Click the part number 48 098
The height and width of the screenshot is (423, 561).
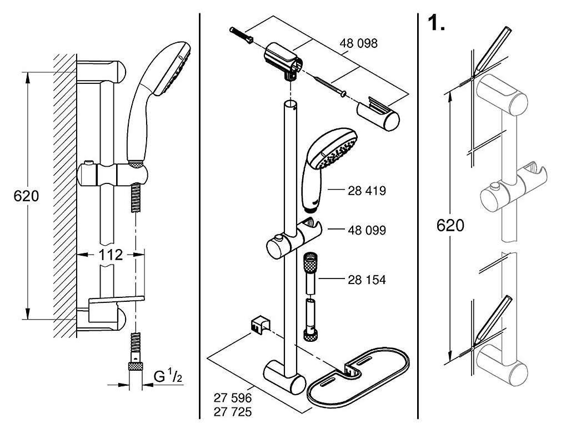coord(358,43)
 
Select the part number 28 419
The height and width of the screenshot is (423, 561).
coord(367,191)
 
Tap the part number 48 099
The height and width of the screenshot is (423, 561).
coord(367,230)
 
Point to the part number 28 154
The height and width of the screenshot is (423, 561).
coord(367,280)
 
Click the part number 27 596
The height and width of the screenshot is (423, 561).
coord(233,397)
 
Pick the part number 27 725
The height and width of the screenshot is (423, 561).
coord(233,412)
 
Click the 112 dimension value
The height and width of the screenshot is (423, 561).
coord(111,255)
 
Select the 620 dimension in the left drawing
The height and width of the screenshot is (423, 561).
coord(26,196)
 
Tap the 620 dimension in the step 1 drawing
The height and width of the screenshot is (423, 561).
coord(450,225)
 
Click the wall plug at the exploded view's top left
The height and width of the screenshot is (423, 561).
coord(242,34)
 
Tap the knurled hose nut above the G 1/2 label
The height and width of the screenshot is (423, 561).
coord(136,366)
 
